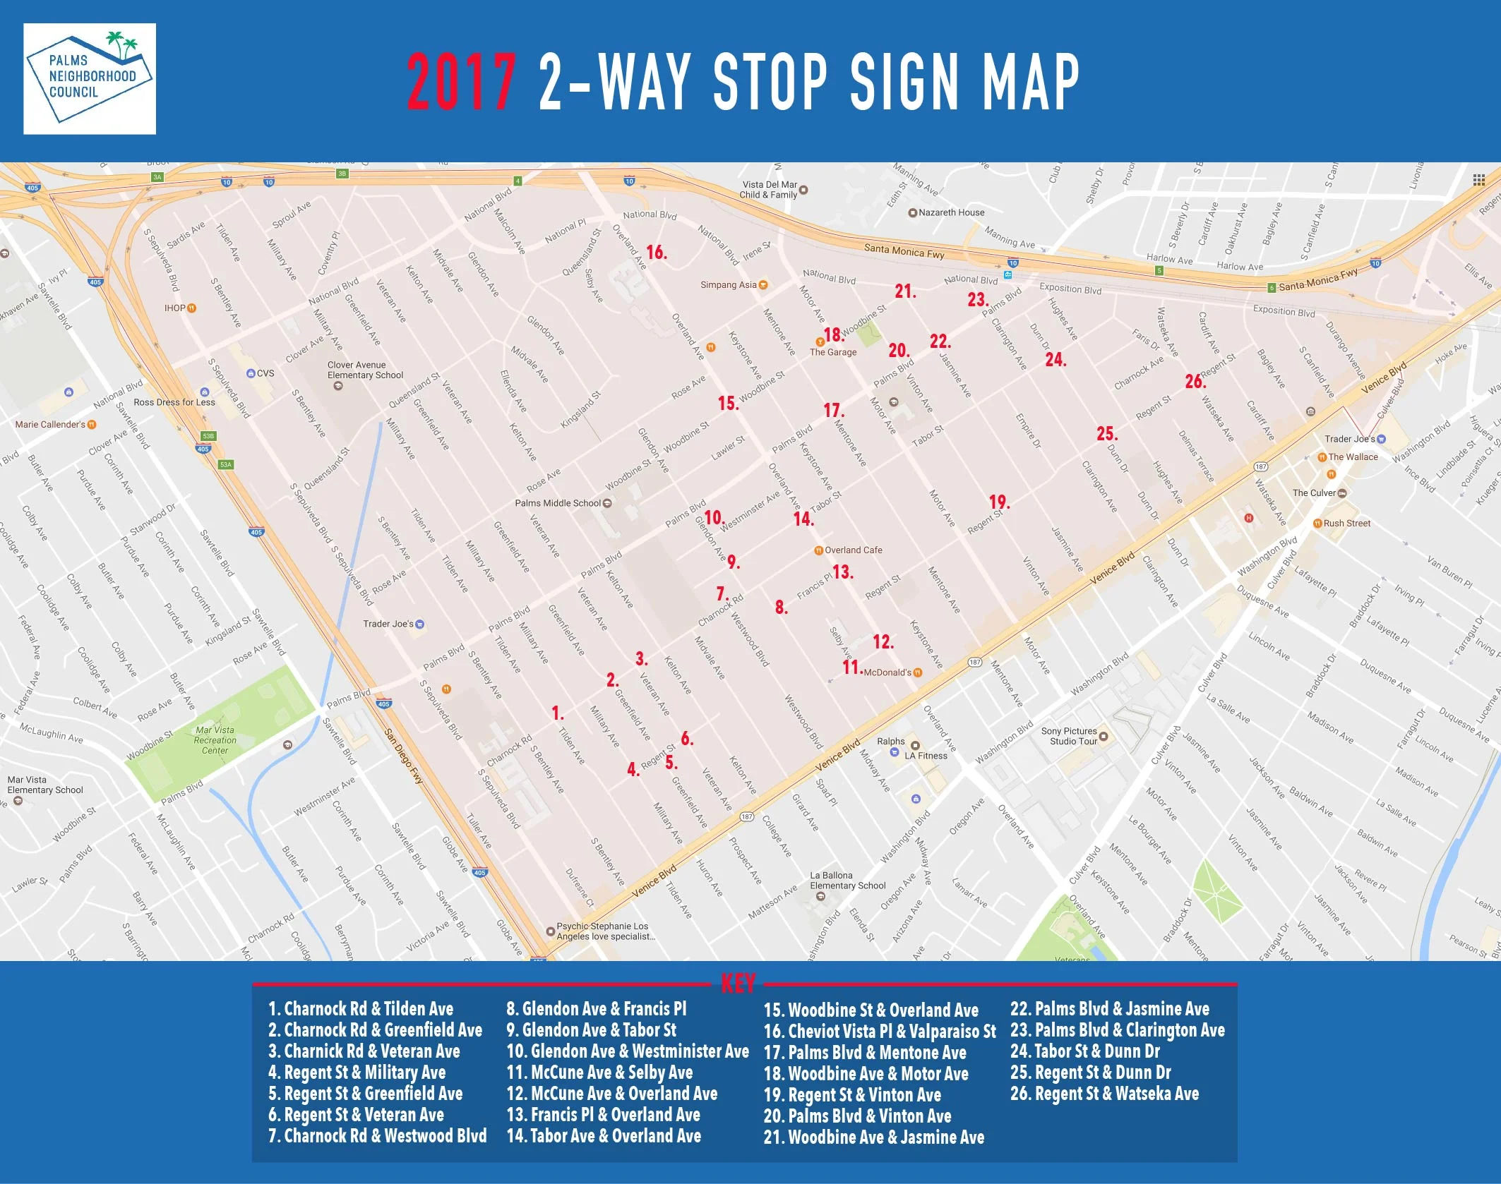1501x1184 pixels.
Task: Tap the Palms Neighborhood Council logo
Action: tap(90, 78)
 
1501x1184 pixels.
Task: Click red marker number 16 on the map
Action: tap(656, 252)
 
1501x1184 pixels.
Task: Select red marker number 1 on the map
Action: tap(558, 713)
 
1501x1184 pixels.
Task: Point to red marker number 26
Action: tap(1195, 382)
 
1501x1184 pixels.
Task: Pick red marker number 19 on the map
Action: tap(998, 502)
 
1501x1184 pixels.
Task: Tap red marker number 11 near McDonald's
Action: tap(851, 667)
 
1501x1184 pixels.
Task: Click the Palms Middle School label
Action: tap(558, 503)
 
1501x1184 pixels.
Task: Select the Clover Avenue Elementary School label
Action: tap(365, 370)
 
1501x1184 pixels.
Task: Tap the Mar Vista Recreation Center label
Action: tap(215, 740)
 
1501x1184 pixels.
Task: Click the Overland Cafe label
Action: tap(853, 550)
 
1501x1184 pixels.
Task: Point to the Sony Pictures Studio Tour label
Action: tap(1070, 736)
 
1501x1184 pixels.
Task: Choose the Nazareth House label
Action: tap(951, 212)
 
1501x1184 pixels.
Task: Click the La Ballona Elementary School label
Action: tap(847, 881)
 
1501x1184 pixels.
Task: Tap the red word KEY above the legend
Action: tap(738, 983)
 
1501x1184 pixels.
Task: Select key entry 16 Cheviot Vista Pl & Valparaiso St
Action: tap(879, 1032)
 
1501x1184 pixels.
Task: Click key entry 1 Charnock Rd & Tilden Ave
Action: tap(361, 1009)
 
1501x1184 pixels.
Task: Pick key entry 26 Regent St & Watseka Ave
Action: tap(1104, 1094)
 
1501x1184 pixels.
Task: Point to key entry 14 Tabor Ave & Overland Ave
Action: tap(604, 1136)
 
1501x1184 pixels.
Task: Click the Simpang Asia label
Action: tap(729, 285)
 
